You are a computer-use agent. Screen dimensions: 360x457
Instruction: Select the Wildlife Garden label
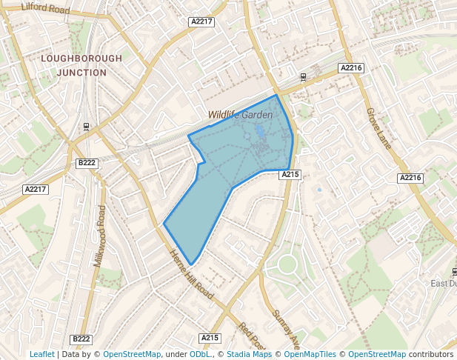pos(240,115)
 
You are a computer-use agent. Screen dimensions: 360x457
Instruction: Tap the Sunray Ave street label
pos(286,329)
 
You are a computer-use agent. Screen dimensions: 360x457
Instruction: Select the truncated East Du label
pos(444,284)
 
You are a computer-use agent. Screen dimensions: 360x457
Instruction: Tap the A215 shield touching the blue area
pos(290,174)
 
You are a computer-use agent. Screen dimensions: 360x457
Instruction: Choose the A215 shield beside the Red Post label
pos(210,338)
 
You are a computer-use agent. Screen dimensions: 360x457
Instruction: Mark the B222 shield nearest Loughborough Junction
pos(87,162)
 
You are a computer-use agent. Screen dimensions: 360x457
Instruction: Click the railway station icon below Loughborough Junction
pos(87,127)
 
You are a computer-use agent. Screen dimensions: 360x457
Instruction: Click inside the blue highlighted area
pos(237,156)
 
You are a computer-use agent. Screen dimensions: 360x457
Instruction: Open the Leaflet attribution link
pos(41,355)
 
